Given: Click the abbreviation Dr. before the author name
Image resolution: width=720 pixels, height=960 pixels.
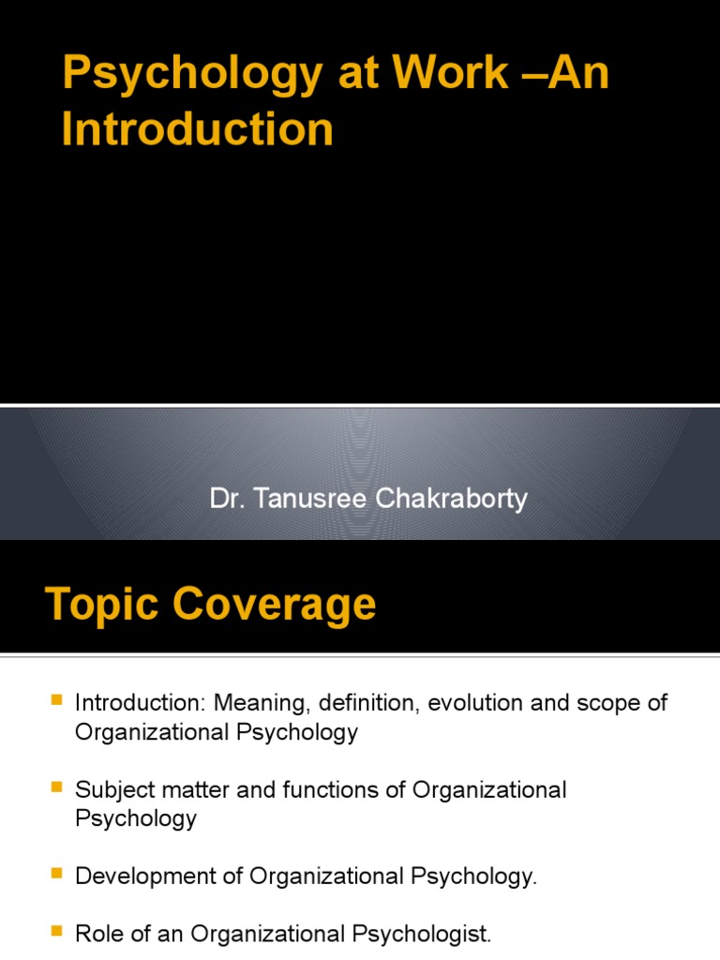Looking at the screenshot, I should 224,499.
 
